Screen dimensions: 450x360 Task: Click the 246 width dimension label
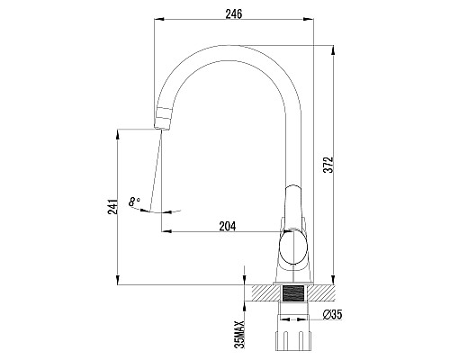point(234,14)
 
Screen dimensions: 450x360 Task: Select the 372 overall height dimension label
point(330,165)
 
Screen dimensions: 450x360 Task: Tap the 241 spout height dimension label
point(112,206)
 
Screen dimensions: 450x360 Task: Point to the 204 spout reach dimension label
point(228,226)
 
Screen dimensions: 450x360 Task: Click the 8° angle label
point(134,202)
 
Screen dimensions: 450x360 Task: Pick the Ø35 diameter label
point(332,315)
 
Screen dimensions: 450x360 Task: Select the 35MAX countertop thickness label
point(240,334)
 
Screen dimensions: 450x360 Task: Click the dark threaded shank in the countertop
point(293,293)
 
